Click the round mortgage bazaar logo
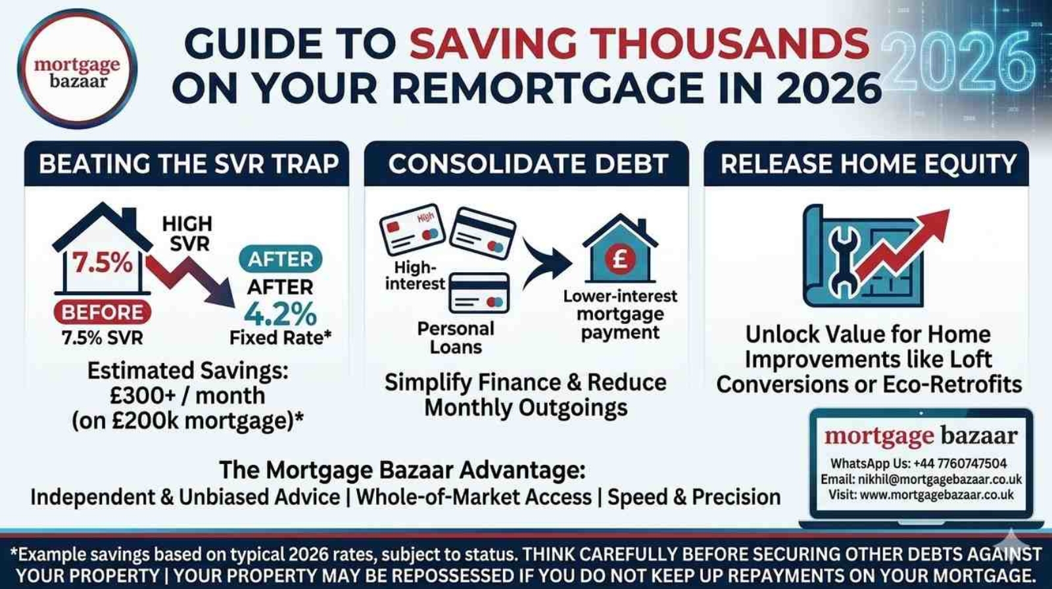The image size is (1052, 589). pos(77,70)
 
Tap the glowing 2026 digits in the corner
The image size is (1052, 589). pos(960,63)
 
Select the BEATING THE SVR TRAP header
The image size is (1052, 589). pos(188,164)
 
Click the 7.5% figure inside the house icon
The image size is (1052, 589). pos(102,263)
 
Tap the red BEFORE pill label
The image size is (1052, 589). pos(102,312)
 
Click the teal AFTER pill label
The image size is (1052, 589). pos(280,259)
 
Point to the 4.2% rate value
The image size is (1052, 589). pos(280,315)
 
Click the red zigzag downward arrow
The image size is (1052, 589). pos(191,279)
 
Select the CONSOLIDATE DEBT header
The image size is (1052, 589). pos(527,164)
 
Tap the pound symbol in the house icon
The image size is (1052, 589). pos(619,258)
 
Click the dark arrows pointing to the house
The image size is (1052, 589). pos(546,263)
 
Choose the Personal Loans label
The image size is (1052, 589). pos(455,337)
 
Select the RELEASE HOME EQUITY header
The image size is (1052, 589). pos(867,164)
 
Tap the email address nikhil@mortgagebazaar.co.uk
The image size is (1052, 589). pos(940,479)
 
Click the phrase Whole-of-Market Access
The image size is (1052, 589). pos(473,497)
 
